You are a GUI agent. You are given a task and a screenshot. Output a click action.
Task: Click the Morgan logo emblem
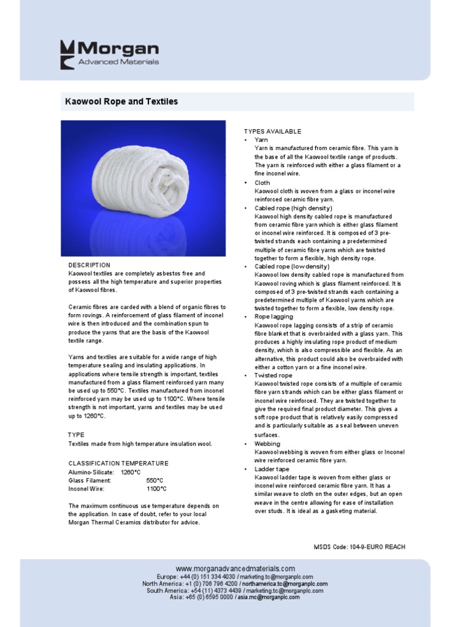pos(67,54)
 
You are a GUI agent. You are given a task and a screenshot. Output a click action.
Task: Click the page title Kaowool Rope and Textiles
pos(121,101)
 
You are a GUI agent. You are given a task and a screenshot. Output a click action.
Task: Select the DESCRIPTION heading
pos(89,265)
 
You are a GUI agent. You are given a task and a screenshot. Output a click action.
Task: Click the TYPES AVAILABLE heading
pos(272,132)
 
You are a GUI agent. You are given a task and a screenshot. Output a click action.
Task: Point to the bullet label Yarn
pos(261,140)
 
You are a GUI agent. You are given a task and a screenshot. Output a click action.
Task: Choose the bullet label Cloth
pos(262,182)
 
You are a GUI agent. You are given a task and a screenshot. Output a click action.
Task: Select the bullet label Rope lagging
pos(274,317)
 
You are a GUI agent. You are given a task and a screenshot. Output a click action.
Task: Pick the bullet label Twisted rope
pos(274,375)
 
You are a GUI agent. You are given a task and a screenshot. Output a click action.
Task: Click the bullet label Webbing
pos(267,443)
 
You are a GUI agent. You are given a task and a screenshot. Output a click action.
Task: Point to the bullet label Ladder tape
pos(272,469)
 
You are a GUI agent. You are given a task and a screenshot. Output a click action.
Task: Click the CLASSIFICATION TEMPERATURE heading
pos(118,464)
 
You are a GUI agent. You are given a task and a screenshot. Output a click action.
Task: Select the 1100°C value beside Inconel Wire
pos(156,489)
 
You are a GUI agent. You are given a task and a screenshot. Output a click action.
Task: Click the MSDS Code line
pos(359,547)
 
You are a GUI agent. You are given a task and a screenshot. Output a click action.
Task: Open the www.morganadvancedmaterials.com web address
pos(235,569)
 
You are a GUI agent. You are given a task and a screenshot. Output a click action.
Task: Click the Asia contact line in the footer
pos(235,597)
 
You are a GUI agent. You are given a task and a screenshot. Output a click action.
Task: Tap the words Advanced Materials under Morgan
pos(118,62)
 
